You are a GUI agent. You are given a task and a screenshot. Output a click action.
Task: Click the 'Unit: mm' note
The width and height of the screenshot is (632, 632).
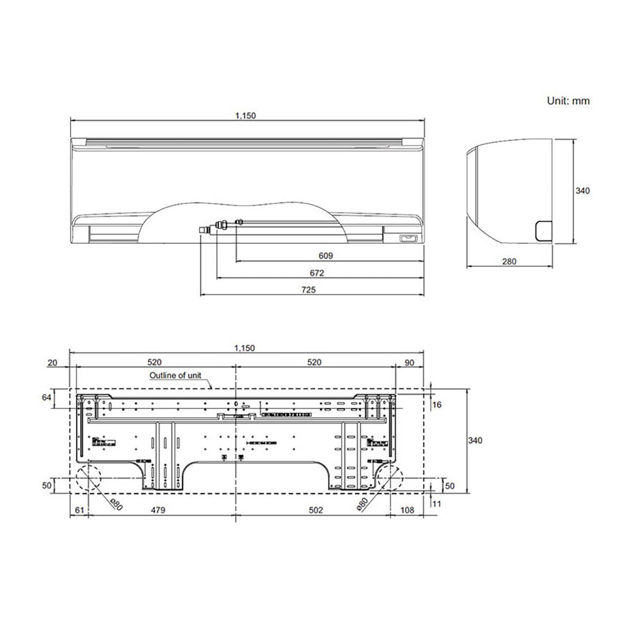click(x=568, y=101)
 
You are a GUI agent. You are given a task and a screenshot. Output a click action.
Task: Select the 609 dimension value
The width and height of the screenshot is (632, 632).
click(x=326, y=256)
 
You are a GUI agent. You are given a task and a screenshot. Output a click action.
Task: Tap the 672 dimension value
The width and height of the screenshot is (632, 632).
click(x=317, y=272)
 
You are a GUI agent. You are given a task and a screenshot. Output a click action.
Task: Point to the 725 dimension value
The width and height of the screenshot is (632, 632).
click(x=309, y=289)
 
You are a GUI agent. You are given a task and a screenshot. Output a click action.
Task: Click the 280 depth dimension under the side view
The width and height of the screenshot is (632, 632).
click(x=509, y=262)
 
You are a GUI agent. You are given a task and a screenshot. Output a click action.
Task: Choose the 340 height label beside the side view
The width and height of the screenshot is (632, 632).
click(x=582, y=191)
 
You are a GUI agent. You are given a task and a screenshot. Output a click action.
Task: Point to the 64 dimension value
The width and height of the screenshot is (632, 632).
click(x=46, y=398)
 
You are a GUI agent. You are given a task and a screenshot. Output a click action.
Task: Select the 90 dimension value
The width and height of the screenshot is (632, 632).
click(x=409, y=362)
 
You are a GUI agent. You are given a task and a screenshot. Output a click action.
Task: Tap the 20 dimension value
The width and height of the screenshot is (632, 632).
click(x=52, y=362)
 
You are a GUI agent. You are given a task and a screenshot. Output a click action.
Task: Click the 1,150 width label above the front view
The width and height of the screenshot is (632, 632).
click(x=245, y=115)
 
